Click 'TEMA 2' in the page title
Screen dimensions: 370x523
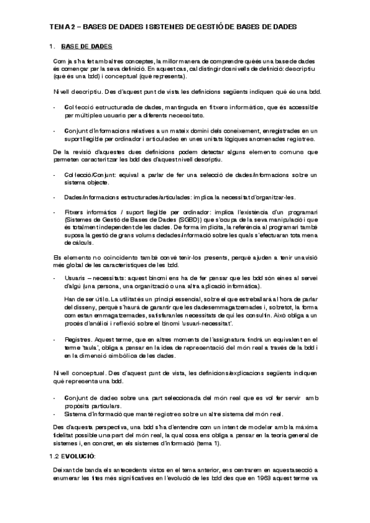62,27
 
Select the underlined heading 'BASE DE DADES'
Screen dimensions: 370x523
86,46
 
